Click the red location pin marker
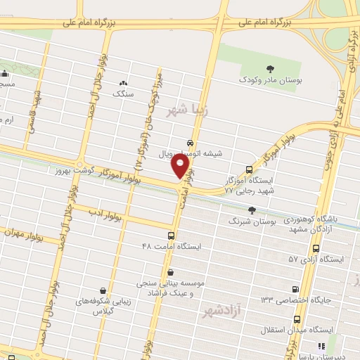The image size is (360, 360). (181, 166)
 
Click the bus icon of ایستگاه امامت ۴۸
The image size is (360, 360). (172, 236)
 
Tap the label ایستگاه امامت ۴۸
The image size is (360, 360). (172, 247)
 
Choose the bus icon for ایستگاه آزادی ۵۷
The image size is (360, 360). (316, 249)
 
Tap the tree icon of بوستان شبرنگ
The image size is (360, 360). (252, 210)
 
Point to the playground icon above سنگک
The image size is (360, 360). (124, 83)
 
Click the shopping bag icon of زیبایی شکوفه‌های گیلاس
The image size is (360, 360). (104, 290)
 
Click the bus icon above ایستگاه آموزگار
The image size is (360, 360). (249, 169)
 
